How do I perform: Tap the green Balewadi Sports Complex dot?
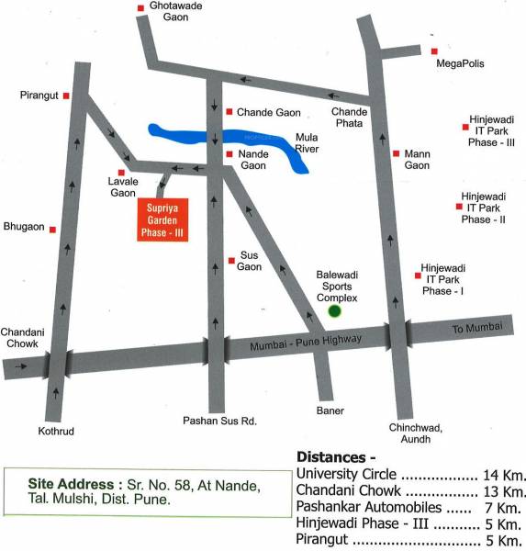335,311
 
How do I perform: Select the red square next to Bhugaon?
52,229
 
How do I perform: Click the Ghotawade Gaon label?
175,14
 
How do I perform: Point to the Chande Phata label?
349,118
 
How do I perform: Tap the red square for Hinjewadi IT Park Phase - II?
458,208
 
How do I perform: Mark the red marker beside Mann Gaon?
395,153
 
